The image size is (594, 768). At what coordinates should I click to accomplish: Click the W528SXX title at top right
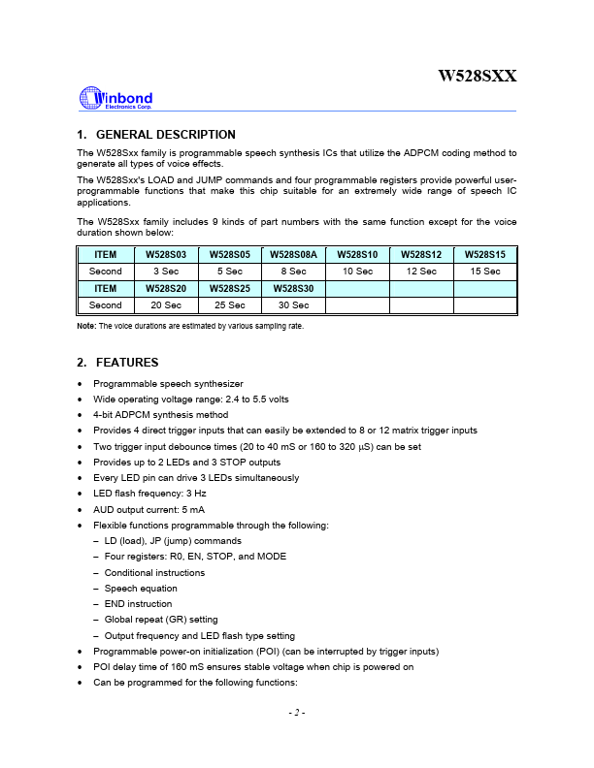[x=478, y=75]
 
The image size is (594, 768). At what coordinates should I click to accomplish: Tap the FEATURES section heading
[x=117, y=363]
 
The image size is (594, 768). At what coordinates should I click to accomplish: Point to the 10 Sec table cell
[x=357, y=272]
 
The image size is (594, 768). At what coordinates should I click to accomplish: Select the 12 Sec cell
[x=421, y=272]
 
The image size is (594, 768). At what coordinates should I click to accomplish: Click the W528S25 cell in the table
[x=229, y=288]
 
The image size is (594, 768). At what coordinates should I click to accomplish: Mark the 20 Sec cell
[x=164, y=304]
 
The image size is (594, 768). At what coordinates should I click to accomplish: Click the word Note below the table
[x=85, y=326]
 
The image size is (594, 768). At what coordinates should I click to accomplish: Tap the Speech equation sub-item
[x=141, y=588]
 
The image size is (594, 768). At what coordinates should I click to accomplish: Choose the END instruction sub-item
[x=139, y=603]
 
